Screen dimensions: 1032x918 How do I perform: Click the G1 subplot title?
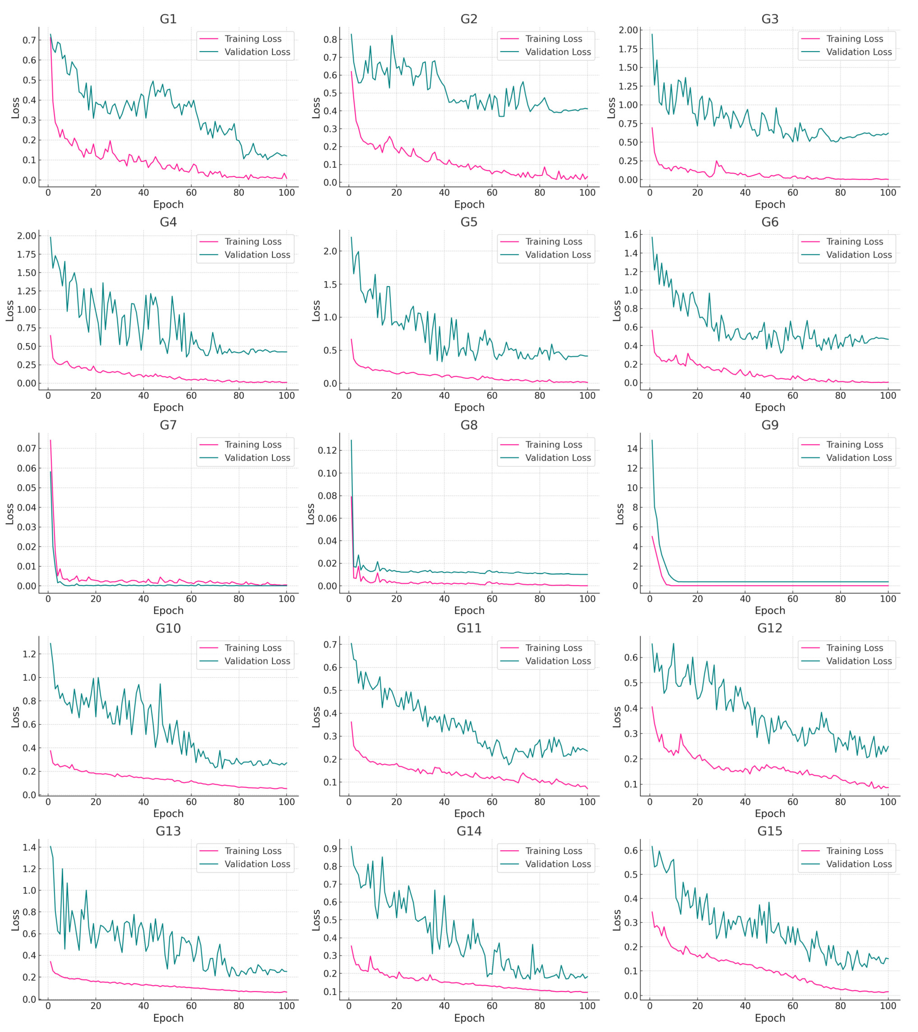168,19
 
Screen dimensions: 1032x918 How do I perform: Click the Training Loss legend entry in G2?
554,39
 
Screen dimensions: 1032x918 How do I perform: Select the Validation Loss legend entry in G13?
257,864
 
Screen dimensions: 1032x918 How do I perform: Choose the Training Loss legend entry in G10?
253,648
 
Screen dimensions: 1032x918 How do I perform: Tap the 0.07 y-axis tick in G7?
27,448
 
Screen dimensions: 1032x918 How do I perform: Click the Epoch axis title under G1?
168,205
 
